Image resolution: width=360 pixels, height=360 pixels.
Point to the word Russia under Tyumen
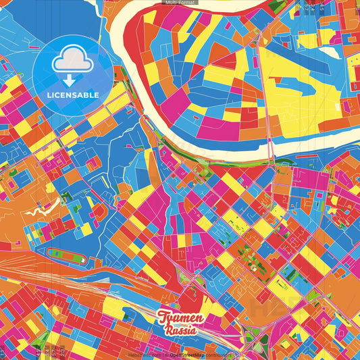click(180, 330)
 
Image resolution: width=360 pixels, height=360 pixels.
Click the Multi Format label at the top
click(180, 3)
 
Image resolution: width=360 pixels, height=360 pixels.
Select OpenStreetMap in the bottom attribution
click(192, 354)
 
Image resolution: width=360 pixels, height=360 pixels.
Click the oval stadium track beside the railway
click(66, 257)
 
